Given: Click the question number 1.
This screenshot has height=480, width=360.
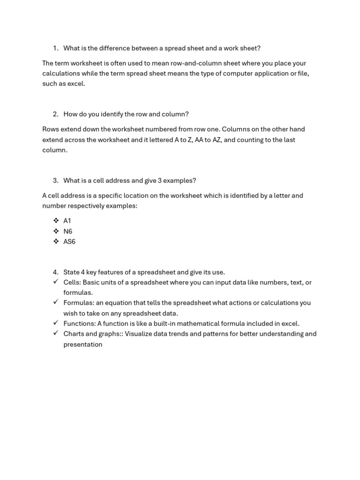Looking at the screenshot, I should click(55, 48).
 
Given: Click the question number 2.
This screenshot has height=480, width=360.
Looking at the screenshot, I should click(55, 114).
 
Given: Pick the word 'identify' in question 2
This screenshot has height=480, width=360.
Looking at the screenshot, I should click(110, 114).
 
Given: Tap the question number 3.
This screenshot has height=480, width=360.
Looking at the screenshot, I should click(55, 180).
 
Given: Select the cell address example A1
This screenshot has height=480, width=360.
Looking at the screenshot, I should click(67, 221).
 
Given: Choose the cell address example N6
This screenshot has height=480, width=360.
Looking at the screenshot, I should click(67, 231).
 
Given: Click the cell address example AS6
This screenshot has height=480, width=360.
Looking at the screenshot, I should click(69, 242).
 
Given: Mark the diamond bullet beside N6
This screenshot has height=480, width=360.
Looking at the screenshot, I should click(56, 231).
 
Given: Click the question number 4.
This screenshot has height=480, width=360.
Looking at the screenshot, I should click(55, 272).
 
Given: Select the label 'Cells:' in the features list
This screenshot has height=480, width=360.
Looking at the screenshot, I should click(72, 283).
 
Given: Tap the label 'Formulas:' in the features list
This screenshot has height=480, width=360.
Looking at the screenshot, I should click(79, 303).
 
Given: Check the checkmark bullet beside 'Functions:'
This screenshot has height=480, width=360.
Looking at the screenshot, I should click(55, 323).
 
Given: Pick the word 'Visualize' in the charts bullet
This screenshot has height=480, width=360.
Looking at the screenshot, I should click(139, 334).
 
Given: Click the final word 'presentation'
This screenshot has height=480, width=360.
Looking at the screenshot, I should click(82, 345).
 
